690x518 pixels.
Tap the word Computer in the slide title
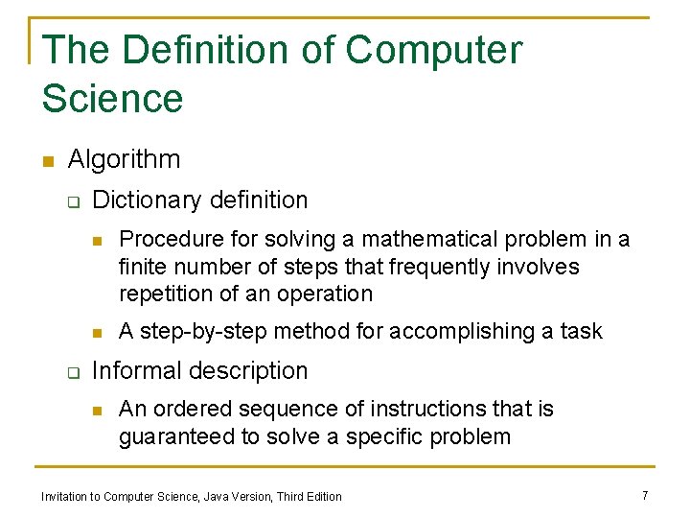pyautogui.click(x=434, y=50)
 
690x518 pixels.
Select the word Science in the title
pyautogui.click(x=112, y=99)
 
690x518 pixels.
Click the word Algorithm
pyautogui.click(x=124, y=159)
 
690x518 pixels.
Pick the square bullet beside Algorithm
pyautogui.click(x=47, y=160)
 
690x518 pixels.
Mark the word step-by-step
pyautogui.click(x=203, y=332)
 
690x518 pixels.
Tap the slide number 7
pyautogui.click(x=645, y=495)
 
